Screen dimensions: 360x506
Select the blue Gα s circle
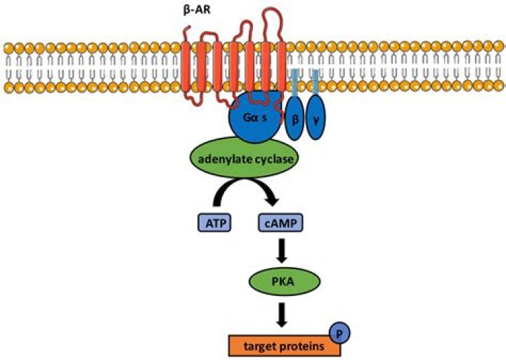coord(254,118)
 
